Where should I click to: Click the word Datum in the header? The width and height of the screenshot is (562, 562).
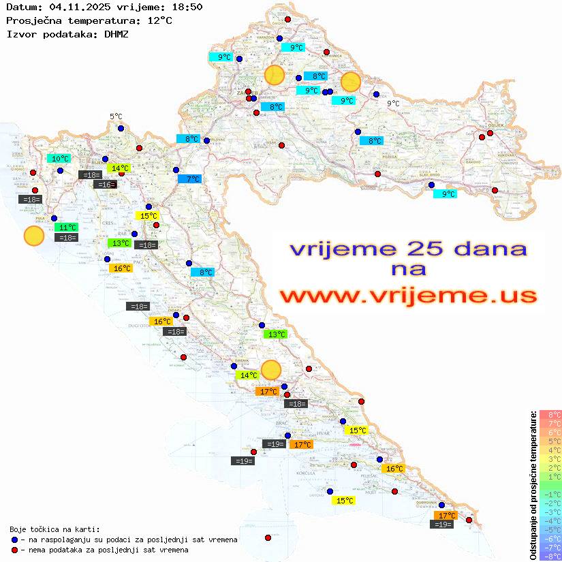tap(21, 7)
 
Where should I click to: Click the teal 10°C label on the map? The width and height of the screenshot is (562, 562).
tap(60, 159)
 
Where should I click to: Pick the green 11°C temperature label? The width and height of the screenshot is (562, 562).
tap(67, 228)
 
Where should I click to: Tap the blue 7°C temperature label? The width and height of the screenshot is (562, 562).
tap(193, 179)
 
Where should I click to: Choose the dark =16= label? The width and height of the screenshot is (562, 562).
tap(105, 185)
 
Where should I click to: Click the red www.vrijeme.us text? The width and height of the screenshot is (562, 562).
tap(408, 295)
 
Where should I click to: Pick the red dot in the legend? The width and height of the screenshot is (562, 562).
tap(14, 550)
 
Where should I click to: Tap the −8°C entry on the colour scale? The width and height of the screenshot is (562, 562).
tap(550, 557)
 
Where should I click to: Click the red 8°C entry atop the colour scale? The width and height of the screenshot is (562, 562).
tap(550, 414)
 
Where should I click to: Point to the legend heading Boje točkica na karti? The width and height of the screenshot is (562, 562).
tap(54, 529)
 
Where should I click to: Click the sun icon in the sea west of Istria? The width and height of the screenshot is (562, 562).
tap(33, 236)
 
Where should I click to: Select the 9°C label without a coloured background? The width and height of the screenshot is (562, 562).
tap(393, 104)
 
